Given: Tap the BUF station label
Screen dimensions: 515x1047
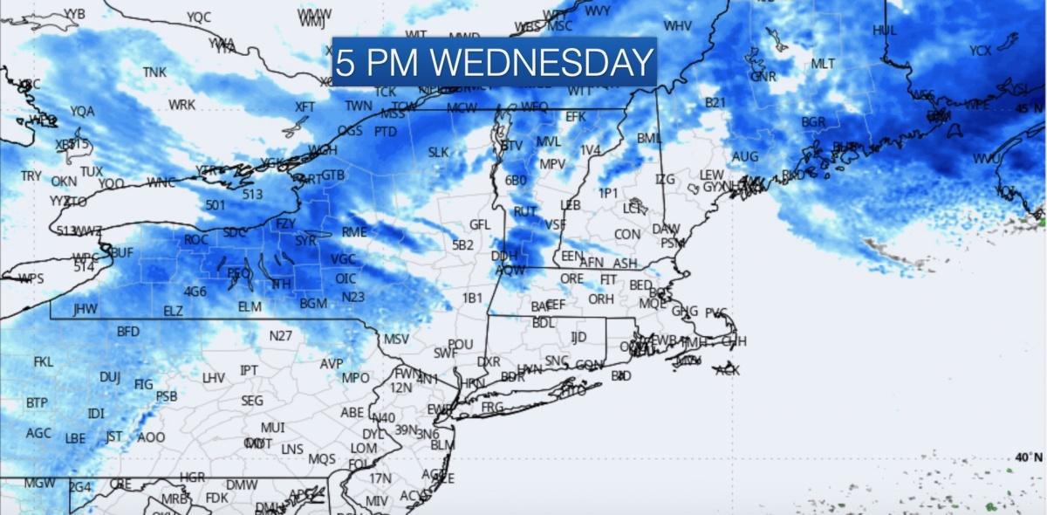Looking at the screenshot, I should [122, 252].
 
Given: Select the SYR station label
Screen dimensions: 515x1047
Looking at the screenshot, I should [305, 240].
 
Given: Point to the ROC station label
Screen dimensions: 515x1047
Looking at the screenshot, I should [196, 239].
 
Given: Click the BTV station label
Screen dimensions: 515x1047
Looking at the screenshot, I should [511, 146].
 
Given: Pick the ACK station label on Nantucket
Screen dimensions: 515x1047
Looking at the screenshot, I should [728, 370].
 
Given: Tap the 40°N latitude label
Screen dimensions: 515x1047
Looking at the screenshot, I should [1027, 457].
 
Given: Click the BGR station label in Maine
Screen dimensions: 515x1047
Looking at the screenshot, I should [813, 122].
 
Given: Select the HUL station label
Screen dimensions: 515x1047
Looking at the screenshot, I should [885, 31].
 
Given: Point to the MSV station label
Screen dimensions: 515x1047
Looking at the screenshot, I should [396, 339].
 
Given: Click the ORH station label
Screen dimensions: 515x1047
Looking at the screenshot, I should [600, 299].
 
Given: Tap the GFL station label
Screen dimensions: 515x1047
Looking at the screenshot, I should [480, 224].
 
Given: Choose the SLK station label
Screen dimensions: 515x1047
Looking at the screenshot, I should [438, 153].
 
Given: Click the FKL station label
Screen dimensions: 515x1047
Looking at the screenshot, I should [44, 361].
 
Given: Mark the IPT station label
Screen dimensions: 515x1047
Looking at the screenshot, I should [249, 371].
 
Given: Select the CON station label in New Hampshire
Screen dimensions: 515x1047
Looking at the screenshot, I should [626, 234].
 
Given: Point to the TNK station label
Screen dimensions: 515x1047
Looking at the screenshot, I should [154, 72].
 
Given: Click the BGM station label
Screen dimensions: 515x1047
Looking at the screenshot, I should [313, 304].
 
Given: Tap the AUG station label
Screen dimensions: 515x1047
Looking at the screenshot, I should [744, 157].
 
